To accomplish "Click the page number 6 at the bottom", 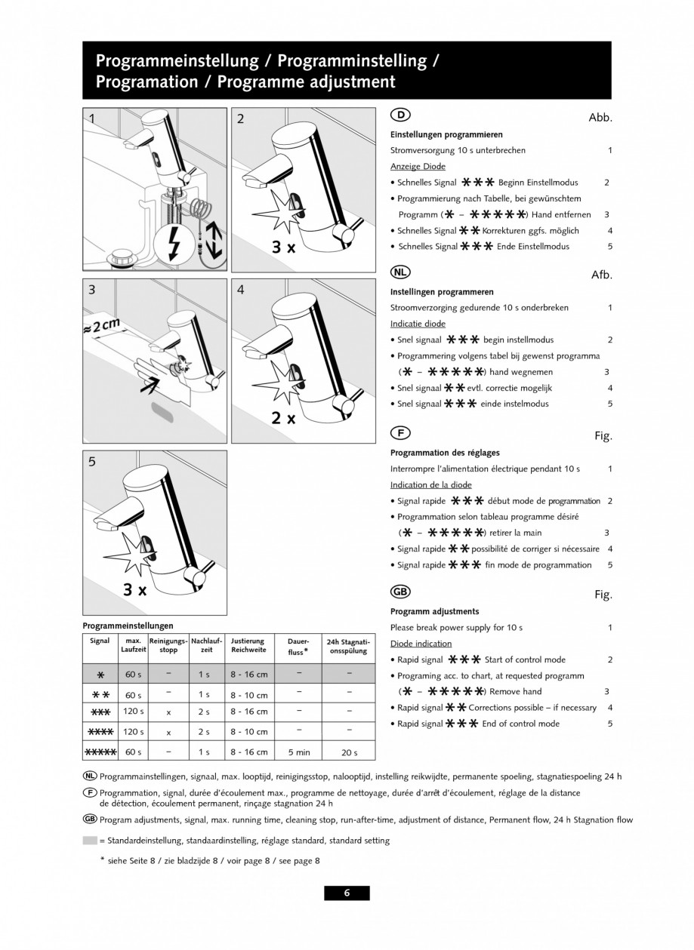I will [x=347, y=893].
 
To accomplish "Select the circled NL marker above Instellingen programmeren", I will [x=400, y=272].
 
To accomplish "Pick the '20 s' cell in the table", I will [x=348, y=752].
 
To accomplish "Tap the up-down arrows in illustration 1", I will [x=214, y=237].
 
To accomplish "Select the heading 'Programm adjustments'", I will [x=434, y=611].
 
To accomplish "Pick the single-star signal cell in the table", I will [x=100, y=674].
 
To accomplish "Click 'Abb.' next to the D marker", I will [x=600, y=118].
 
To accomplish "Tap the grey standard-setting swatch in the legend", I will [x=89, y=840].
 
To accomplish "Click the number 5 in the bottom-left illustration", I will [x=92, y=463].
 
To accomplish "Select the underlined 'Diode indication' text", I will [x=421, y=644].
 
